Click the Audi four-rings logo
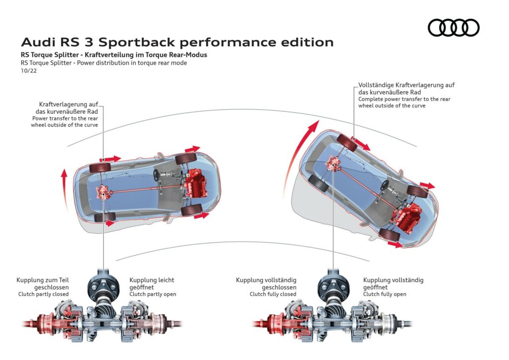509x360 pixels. click(453, 27)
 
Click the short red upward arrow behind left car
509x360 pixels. click(63, 183)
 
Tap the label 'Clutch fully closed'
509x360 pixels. click(273, 294)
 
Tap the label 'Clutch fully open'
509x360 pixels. click(385, 294)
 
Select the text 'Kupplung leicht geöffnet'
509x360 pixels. click(152, 283)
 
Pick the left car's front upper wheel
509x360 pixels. click(184, 159)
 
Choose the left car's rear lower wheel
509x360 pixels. click(104, 217)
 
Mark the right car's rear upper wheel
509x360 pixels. click(347, 143)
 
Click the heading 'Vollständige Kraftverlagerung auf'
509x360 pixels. click(406, 85)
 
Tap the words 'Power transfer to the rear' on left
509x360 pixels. click(65, 119)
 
